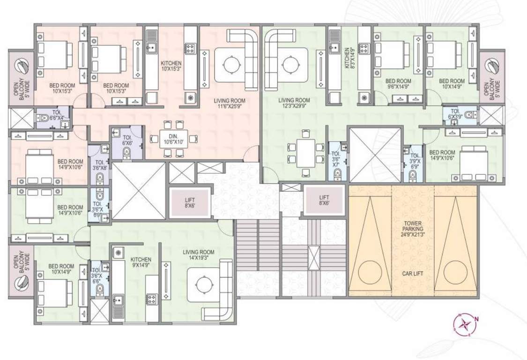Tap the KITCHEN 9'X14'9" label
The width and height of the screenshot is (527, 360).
141,262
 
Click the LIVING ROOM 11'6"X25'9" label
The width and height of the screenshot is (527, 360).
229,104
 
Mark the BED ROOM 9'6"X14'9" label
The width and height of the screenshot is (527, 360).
398,84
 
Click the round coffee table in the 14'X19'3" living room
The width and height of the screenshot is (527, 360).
204,284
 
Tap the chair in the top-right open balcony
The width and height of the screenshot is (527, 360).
492,66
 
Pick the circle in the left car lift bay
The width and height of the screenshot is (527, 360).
370,270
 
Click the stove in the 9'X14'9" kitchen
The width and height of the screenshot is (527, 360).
151,298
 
